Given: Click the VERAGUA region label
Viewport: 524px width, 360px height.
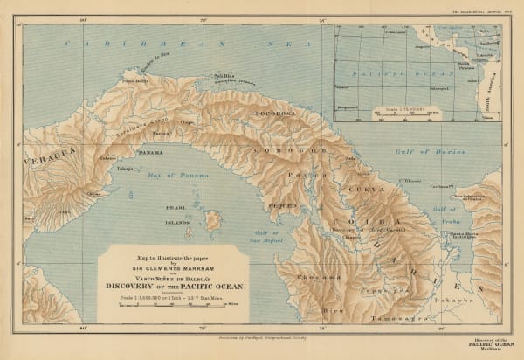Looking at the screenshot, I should click(x=44, y=150).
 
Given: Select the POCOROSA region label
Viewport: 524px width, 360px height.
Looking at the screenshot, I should click(x=273, y=114).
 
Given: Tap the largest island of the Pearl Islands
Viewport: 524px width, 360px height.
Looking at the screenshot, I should click(x=212, y=220).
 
